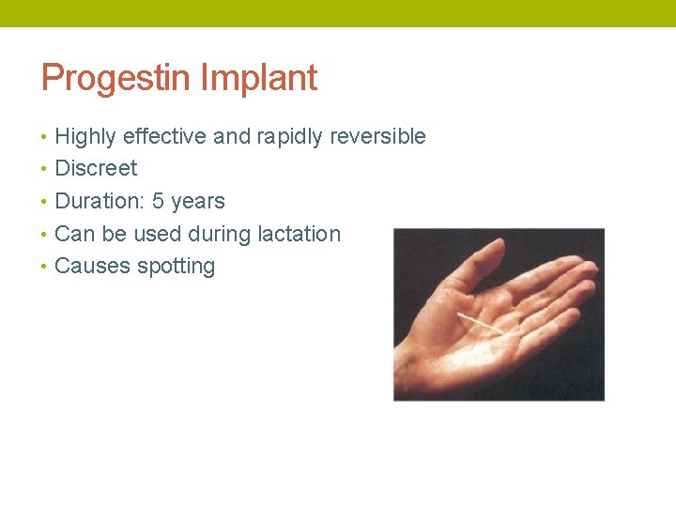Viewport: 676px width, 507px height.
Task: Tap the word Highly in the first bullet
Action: point(85,137)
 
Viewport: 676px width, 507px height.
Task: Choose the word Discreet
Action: point(96,169)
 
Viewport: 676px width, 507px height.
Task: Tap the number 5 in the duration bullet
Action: point(158,201)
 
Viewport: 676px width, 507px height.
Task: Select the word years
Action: point(198,201)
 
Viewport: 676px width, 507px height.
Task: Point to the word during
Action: point(218,234)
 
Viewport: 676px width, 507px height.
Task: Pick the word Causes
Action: point(92,267)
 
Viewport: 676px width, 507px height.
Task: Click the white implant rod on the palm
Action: point(479,325)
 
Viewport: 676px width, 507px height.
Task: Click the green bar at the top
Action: point(338,13)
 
